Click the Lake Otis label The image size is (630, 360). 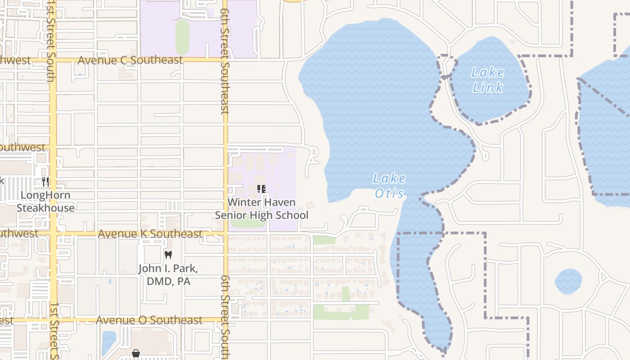tap(390, 186)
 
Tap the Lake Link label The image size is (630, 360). tap(488, 80)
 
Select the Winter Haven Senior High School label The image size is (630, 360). tap(261, 209)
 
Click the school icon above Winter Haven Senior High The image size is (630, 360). tap(261, 189)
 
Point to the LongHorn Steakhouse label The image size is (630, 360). tap(45, 202)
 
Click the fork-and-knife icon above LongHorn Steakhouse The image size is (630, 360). tap(45, 182)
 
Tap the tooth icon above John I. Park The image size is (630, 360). tap(168, 255)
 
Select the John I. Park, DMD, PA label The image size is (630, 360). tap(168, 275)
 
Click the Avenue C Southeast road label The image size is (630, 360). tap(130, 60)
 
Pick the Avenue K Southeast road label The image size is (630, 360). tap(150, 234)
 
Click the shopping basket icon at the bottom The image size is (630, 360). tap(135, 353)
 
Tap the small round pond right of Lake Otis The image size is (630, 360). tap(568, 282)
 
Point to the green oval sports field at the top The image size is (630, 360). tap(182, 37)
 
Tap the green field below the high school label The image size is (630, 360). tap(247, 223)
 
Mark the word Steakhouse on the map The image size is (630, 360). tap(45, 208)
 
